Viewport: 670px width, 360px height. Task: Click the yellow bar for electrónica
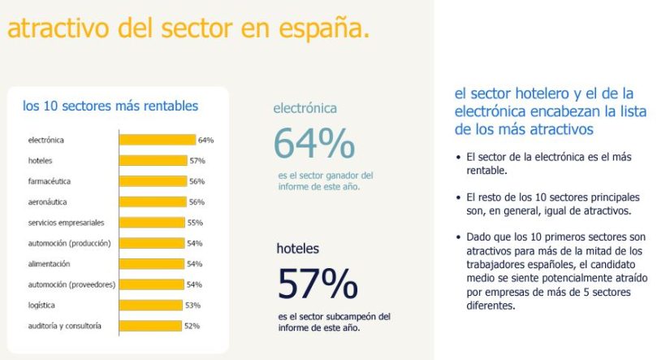click(158, 140)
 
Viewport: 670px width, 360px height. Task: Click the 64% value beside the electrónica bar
click(205, 140)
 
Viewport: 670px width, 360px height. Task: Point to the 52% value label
click(192, 326)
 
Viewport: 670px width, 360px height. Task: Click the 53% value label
click(194, 305)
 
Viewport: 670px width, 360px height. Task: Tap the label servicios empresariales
click(66, 223)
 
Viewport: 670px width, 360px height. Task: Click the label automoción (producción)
click(69, 243)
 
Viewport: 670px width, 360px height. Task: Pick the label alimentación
click(50, 264)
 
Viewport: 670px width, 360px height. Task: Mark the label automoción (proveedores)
click(71, 284)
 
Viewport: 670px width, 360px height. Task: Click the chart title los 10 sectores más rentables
click(110, 106)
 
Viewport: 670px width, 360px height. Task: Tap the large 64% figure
click(313, 144)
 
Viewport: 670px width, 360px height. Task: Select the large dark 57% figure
click(318, 283)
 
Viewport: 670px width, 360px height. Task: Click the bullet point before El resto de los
click(460, 197)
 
